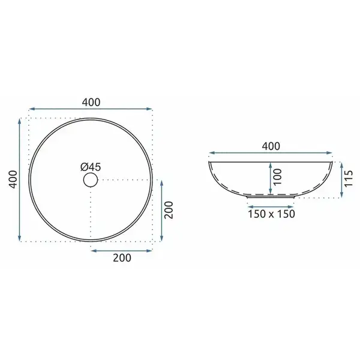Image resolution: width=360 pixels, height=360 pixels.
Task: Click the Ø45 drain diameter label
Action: (x=91, y=167)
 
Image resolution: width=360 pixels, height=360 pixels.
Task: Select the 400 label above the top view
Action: (x=91, y=102)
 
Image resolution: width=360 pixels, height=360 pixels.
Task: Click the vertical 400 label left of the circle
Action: (x=13, y=179)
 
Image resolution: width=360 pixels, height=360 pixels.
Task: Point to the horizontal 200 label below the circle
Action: (x=122, y=257)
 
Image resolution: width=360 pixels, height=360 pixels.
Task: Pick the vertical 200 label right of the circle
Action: (x=169, y=210)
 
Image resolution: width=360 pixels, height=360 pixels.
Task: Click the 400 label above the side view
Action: (x=271, y=146)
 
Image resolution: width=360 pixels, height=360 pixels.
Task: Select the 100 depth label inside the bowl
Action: (x=278, y=177)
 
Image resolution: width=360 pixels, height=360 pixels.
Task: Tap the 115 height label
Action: (x=348, y=179)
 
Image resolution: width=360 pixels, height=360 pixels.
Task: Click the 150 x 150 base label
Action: (x=271, y=214)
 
